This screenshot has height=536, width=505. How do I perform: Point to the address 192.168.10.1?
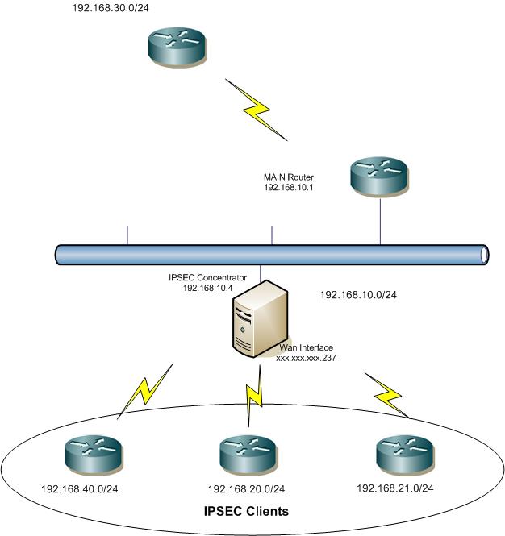288,187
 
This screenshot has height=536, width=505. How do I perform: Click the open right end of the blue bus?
484,255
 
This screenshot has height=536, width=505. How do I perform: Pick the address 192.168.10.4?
208,287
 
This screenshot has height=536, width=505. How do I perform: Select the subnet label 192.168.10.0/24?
358,295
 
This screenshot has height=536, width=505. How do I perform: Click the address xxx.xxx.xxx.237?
307,356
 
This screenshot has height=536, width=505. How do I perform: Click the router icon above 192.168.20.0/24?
249,456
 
